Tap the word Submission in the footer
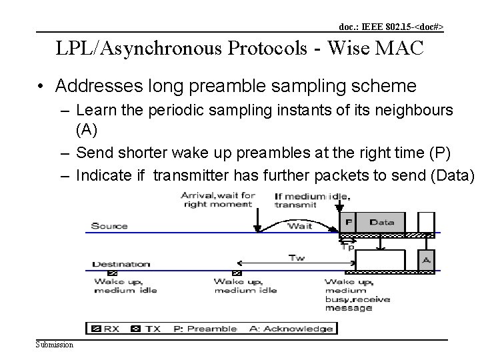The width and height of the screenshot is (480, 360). click(55, 344)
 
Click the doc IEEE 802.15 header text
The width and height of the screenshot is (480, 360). click(391, 27)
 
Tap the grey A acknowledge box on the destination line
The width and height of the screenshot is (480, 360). click(426, 259)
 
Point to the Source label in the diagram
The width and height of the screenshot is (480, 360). click(109, 226)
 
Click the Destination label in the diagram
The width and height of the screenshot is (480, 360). click(121, 264)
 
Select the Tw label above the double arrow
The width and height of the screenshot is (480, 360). click(297, 257)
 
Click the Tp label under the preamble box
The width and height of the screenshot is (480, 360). click(347, 245)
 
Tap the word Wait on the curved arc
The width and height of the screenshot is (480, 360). click(299, 226)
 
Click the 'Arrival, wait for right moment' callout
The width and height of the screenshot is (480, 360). click(218, 200)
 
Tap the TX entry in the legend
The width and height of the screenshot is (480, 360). click(147, 328)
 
